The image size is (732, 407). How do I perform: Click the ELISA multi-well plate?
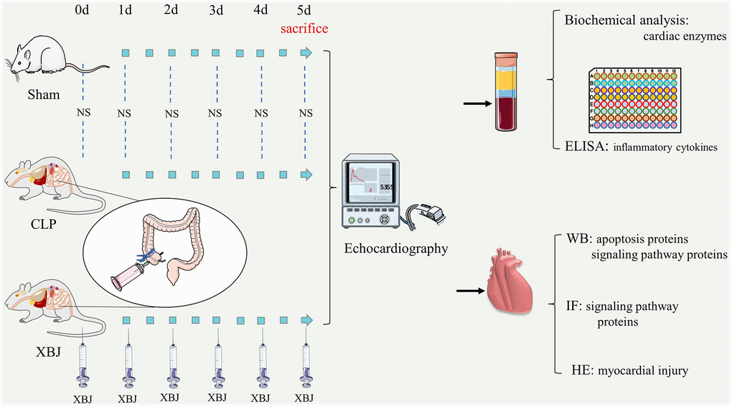pos(634,99)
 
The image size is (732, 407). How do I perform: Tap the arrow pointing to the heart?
pos(470,291)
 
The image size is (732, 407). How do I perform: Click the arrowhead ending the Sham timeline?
pos(307,53)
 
